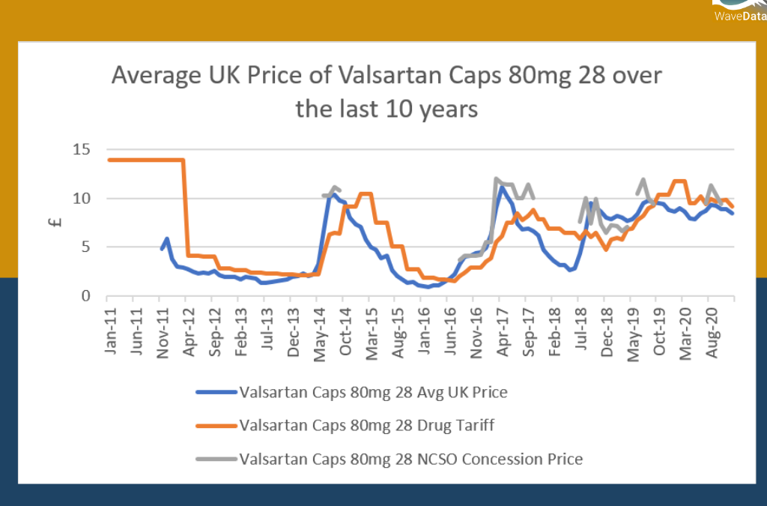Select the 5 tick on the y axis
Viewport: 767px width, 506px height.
[x=85, y=247]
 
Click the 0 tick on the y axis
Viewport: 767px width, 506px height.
[x=85, y=296]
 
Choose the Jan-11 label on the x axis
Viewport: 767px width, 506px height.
[x=110, y=331]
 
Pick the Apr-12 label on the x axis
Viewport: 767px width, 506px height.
[x=189, y=331]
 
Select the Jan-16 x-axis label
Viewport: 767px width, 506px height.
[x=424, y=331]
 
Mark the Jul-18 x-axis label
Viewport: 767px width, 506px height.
[x=580, y=331]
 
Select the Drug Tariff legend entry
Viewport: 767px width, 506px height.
[x=366, y=426]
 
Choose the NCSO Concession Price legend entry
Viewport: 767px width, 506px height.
[x=410, y=459]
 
